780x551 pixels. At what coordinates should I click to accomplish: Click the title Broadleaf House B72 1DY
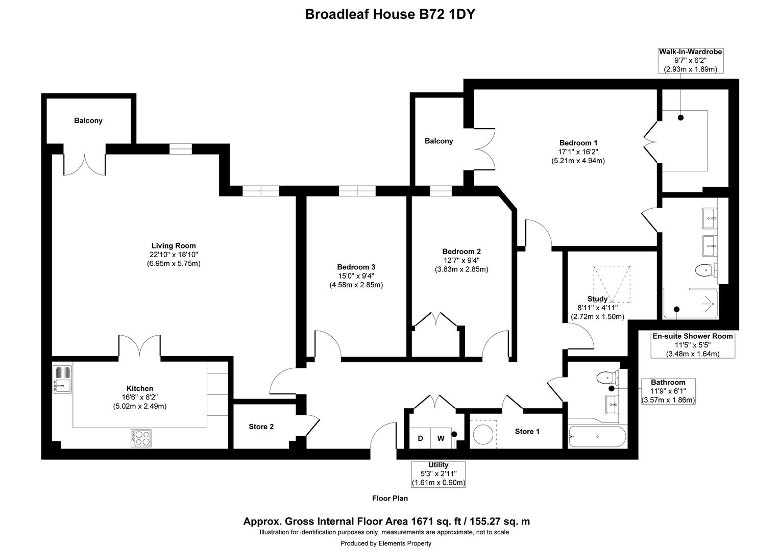tap(390, 14)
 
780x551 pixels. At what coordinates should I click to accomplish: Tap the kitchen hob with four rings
tap(141, 438)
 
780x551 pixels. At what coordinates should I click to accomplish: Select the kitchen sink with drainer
tap(62, 379)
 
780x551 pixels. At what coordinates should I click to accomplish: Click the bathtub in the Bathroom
tap(597, 437)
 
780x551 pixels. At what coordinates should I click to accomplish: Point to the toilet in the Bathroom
tap(607, 378)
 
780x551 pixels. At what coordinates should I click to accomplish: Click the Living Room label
tap(174, 246)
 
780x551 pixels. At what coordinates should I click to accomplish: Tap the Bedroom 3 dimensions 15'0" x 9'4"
tap(356, 276)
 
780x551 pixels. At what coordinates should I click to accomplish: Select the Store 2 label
tap(261, 427)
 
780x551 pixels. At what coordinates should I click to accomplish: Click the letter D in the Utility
tap(420, 438)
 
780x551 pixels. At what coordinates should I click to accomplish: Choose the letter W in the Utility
tap(441, 438)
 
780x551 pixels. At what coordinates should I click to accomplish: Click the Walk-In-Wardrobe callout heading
tap(691, 52)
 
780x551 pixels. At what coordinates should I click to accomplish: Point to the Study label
tap(598, 299)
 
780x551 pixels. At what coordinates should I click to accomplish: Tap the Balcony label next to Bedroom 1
tap(439, 141)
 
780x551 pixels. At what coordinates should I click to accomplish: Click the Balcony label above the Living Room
tap(88, 120)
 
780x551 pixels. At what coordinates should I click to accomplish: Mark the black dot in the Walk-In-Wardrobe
tap(681, 118)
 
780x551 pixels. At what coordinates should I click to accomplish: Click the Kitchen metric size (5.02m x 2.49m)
tap(140, 406)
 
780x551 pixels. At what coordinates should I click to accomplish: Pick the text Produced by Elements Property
tap(386, 543)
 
